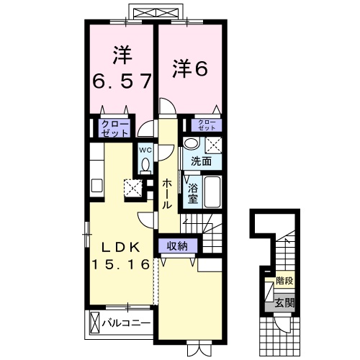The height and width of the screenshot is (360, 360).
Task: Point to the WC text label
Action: point(144,150)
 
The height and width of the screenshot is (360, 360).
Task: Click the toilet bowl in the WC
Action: point(145,166)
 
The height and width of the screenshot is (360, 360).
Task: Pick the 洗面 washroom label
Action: point(201,161)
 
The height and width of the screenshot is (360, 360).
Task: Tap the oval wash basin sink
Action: point(190,143)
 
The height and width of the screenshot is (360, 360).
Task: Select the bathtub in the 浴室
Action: point(210,191)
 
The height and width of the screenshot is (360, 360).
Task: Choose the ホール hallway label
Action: point(166,193)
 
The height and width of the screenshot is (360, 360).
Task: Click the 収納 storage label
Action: point(177,246)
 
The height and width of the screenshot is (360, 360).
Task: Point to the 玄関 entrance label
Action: point(284,303)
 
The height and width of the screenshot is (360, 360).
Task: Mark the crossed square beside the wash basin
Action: point(213,144)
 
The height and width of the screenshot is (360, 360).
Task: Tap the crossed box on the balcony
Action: point(94,324)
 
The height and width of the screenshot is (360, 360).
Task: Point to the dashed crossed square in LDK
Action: point(134,189)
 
